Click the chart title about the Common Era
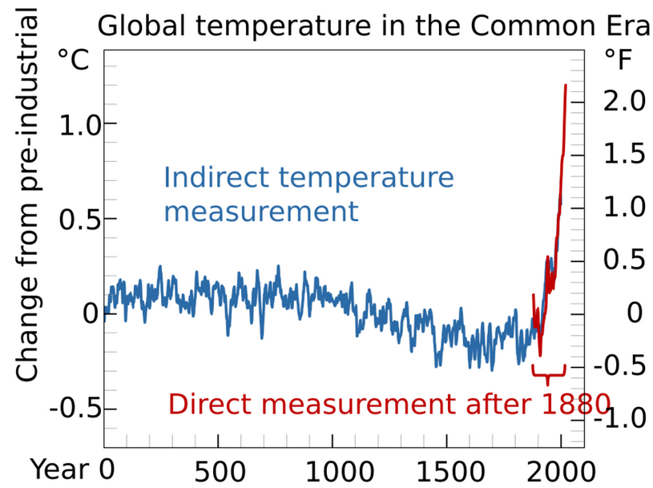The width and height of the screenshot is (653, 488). point(373,26)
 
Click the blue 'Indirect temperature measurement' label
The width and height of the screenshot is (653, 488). point(308,195)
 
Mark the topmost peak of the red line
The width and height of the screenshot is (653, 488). point(566,85)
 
